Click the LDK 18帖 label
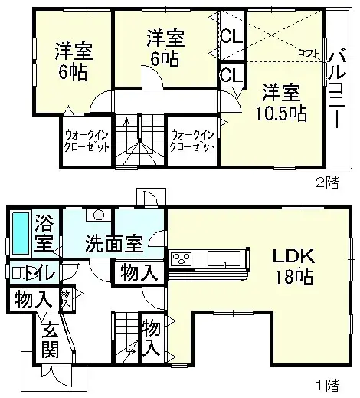click(x=290, y=266)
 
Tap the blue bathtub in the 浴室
click(x=21, y=232)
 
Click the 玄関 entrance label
click(x=50, y=341)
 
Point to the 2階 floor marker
click(x=327, y=182)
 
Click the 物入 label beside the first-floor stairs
click(x=151, y=337)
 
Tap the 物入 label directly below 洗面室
click(x=139, y=271)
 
